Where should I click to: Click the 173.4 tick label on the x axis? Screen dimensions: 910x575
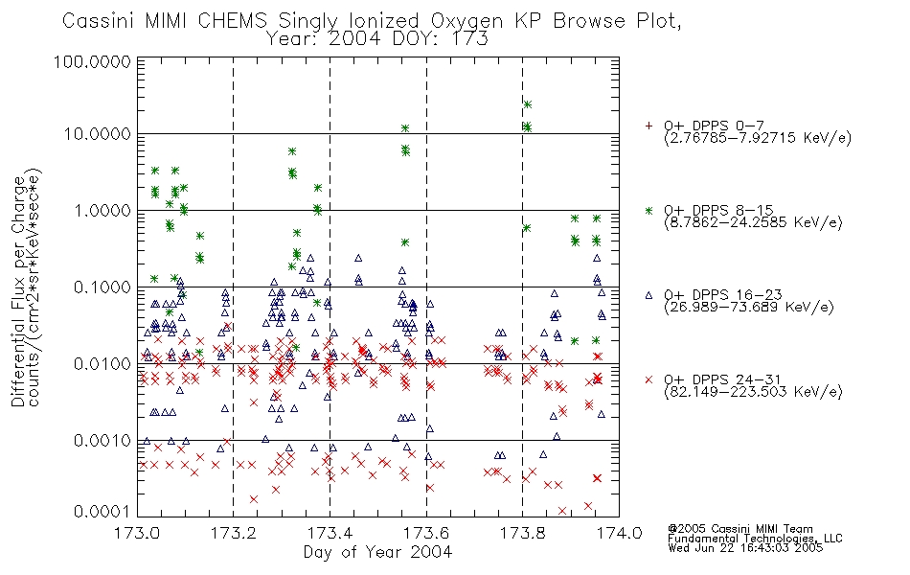[x=330, y=533]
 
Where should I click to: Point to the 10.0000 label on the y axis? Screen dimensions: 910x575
[x=97, y=134]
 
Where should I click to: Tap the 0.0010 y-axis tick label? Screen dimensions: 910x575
[x=102, y=441]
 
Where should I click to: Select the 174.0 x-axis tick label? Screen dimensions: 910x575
[x=618, y=533]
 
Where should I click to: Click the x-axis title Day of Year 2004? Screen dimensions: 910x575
[x=377, y=551]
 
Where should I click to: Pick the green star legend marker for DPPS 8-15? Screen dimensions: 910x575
[x=648, y=211]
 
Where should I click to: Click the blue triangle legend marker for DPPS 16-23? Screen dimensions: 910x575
[x=648, y=295]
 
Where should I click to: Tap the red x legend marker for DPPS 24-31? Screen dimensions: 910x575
[x=648, y=379]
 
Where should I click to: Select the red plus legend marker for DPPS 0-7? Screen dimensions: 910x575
[x=648, y=126]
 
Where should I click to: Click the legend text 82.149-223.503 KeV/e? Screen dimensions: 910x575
[x=753, y=391]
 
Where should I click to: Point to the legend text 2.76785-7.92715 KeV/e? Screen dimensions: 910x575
[x=758, y=138]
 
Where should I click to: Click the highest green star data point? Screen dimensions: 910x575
[x=528, y=104]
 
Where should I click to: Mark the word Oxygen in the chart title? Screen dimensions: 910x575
[x=467, y=21]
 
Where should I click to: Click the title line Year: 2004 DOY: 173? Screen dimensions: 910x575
[x=377, y=39]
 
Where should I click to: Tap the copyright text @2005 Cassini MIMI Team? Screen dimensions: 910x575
[x=740, y=529]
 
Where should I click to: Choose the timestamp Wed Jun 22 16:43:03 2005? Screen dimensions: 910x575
[x=746, y=547]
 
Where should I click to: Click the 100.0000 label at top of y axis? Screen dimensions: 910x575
[x=93, y=61]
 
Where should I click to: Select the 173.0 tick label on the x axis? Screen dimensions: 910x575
[x=137, y=533]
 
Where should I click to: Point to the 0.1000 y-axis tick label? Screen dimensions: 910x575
[x=102, y=287]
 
